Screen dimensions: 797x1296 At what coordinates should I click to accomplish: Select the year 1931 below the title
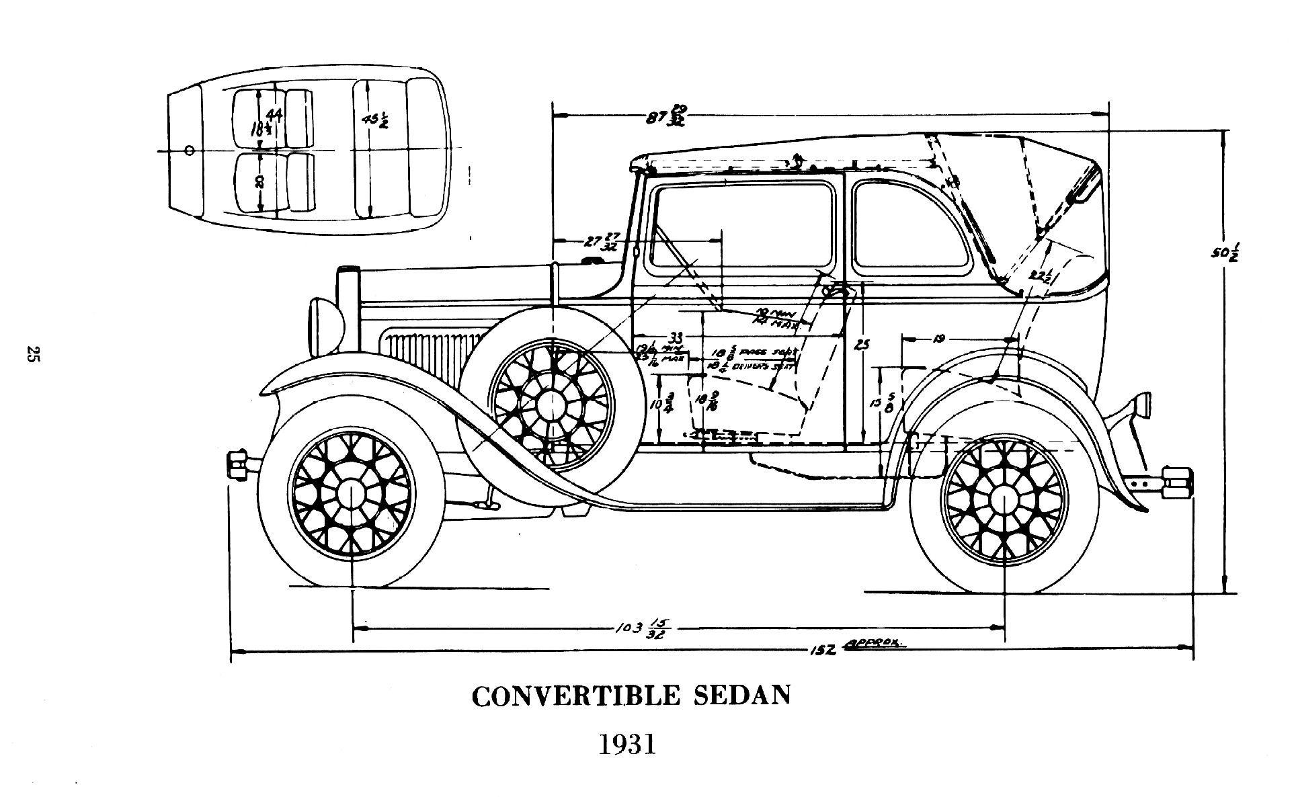point(627,745)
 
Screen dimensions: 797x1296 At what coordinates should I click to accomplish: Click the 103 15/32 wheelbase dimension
point(639,629)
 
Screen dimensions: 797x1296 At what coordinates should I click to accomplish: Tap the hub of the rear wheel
point(1004,501)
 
